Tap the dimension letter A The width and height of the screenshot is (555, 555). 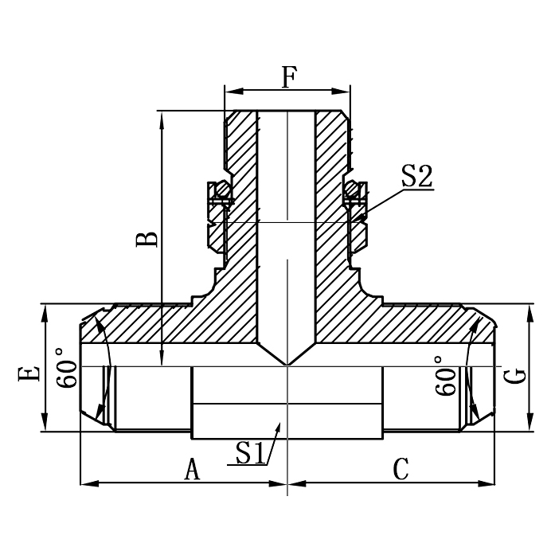[192, 469]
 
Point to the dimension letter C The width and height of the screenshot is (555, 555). [401, 469]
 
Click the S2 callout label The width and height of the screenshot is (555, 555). [416, 176]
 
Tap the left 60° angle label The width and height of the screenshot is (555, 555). [68, 368]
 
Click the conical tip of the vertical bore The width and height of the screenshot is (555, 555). [287, 364]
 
